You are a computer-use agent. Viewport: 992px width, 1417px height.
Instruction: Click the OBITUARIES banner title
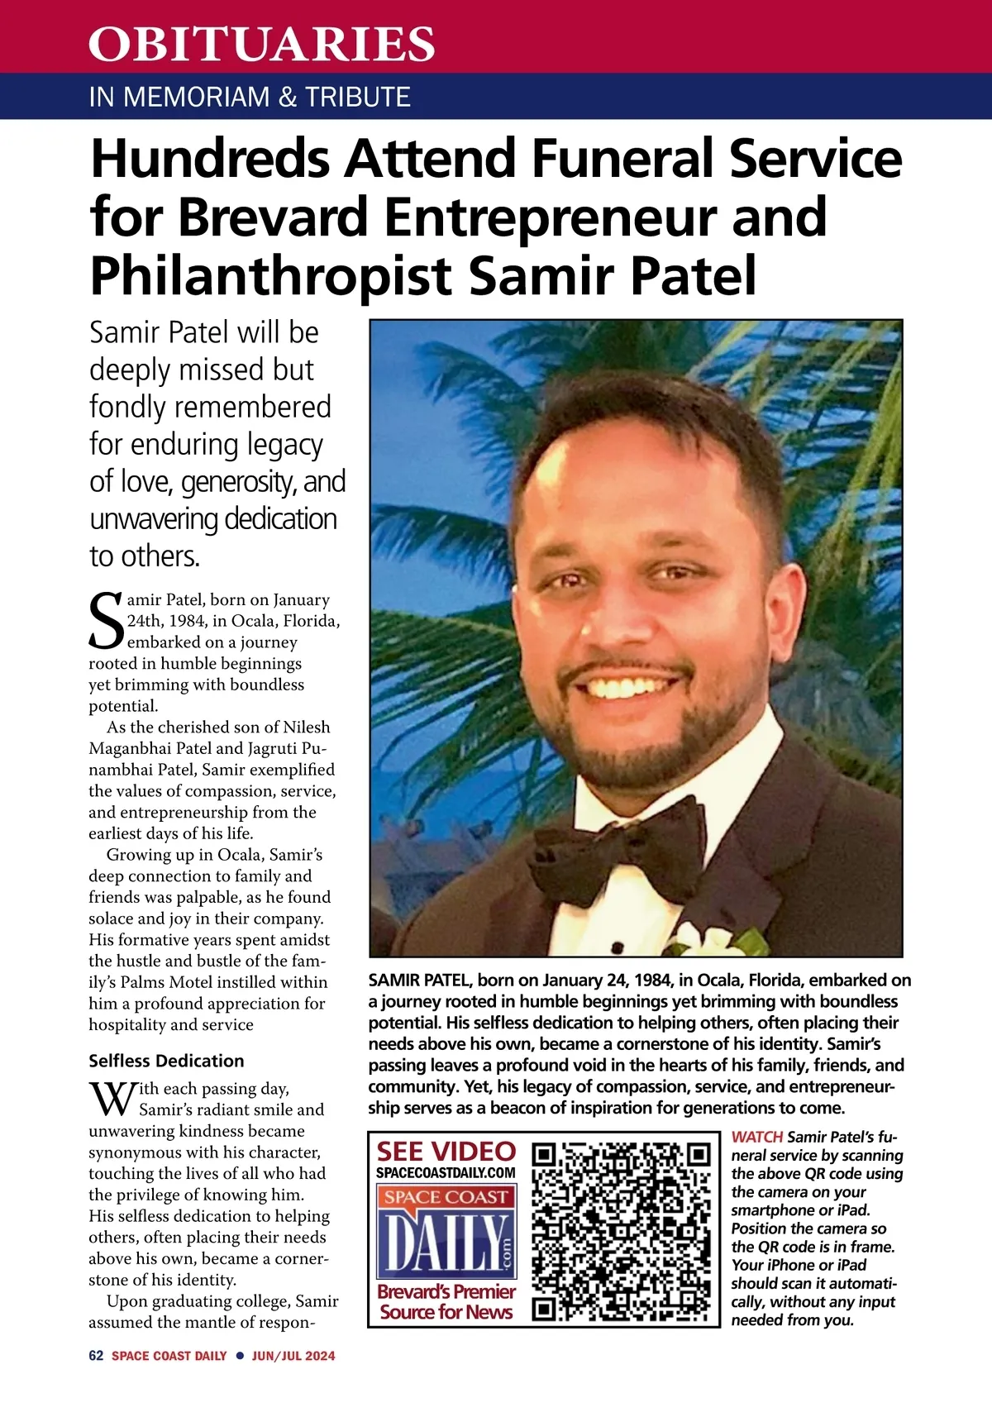pos(261,44)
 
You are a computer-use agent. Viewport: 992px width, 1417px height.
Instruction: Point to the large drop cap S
pos(106,621)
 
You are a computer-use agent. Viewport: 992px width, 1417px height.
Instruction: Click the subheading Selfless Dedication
pos(166,1061)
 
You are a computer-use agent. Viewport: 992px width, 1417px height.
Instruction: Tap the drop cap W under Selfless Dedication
pos(112,1099)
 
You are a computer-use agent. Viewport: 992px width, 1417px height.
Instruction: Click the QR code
pos(621,1229)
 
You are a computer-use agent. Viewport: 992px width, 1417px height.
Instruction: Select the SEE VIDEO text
pos(446,1152)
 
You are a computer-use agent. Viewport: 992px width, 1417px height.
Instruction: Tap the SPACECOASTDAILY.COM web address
pos(446,1172)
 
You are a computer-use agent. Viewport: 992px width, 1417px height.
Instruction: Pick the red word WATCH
pos(756,1137)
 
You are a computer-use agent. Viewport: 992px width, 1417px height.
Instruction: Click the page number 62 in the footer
pos(96,1356)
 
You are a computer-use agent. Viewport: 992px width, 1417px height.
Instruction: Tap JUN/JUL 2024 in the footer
pos(293,1356)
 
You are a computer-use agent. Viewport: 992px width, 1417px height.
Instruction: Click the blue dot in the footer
pos(239,1356)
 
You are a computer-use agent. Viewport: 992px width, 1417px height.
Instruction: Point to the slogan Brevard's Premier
pos(446,1291)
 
